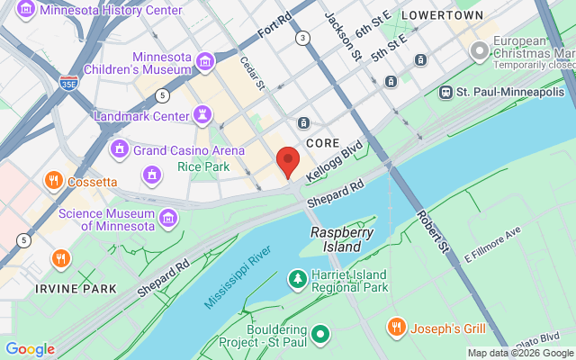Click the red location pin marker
click(287, 161)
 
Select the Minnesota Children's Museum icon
click(205, 61)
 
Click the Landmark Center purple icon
click(203, 115)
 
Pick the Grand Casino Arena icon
click(119, 149)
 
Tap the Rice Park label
click(202, 166)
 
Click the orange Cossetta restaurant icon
click(54, 181)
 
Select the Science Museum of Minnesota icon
click(167, 217)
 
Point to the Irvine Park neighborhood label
click(76, 289)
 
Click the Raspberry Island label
click(342, 238)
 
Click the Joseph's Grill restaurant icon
click(394, 327)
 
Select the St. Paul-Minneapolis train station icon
click(445, 92)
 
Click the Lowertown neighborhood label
click(442, 15)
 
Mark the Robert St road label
click(432, 231)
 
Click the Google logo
click(30, 349)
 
